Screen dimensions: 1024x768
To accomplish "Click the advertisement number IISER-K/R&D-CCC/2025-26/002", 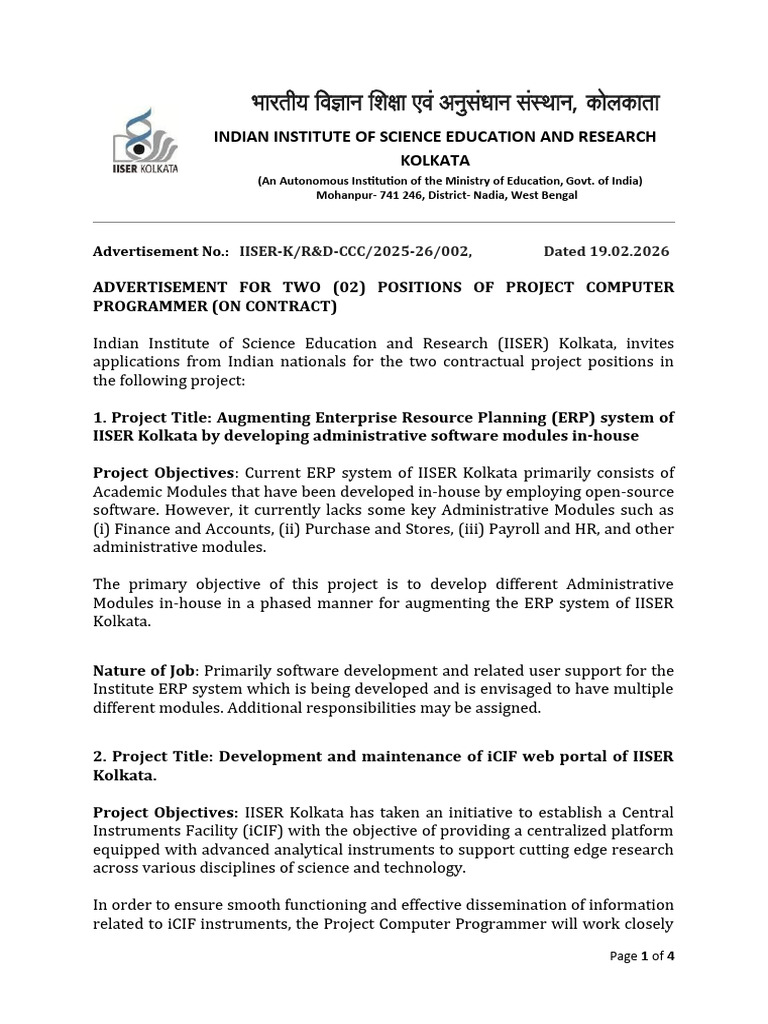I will coord(355,251).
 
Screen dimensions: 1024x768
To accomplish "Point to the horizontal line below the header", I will coord(383,222).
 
